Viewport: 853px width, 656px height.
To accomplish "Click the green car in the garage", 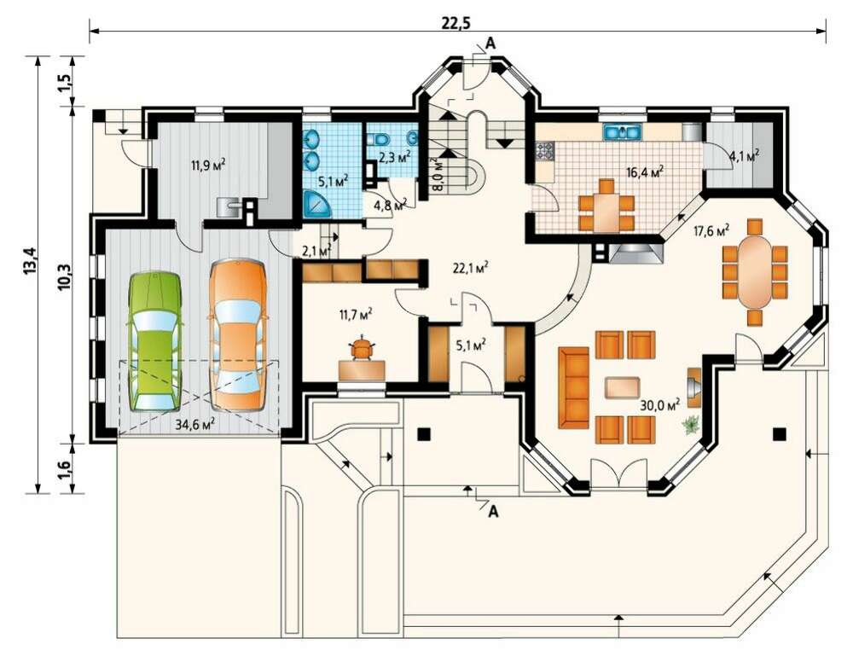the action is [154, 341].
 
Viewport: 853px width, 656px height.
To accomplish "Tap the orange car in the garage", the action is [238, 335].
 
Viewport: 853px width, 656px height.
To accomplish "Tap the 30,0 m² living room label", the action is [660, 405].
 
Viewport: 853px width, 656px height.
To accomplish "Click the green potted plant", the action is [691, 424].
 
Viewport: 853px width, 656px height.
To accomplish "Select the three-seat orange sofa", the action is [573, 387].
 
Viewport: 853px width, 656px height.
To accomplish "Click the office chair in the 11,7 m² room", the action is [361, 348].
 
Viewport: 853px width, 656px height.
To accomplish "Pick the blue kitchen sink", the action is [623, 132].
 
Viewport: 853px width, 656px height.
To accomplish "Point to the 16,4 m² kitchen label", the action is [645, 173].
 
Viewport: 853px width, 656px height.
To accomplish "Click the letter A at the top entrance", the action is [490, 44].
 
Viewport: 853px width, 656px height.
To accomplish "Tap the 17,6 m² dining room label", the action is [711, 230].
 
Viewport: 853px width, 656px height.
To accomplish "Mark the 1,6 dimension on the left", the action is [64, 468].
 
